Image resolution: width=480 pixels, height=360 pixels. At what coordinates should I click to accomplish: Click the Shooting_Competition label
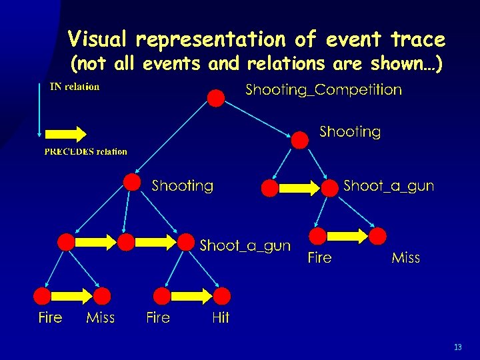(323, 90)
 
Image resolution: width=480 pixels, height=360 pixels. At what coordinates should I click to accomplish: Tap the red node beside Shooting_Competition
(216, 99)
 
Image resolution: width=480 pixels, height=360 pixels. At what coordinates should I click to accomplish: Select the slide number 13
(457, 347)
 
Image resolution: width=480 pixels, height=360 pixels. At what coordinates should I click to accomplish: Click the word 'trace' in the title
(419, 40)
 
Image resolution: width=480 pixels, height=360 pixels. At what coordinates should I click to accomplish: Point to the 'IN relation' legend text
(75, 87)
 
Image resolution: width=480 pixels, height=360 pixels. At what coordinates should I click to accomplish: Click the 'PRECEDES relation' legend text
(85, 151)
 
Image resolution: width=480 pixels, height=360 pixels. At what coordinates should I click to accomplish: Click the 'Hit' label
(220, 318)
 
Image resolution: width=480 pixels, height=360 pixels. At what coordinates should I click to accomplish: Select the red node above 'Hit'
(222, 297)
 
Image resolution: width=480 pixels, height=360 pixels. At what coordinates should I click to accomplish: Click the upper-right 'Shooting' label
(350, 132)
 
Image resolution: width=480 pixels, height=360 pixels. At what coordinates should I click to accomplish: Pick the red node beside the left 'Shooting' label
(132, 182)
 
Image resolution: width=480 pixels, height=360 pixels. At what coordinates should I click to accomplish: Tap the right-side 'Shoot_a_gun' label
(388, 186)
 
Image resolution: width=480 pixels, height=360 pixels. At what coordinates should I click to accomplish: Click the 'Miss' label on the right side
(405, 258)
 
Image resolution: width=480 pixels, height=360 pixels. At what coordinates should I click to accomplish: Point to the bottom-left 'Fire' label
(50, 318)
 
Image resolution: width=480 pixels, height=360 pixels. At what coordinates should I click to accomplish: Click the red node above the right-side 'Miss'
(378, 236)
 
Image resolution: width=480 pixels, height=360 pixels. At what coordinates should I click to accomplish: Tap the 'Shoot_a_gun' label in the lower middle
(245, 246)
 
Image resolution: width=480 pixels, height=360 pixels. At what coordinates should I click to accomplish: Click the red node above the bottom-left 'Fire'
(44, 297)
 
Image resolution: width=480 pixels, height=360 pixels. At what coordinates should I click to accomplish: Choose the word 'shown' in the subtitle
(397, 65)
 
